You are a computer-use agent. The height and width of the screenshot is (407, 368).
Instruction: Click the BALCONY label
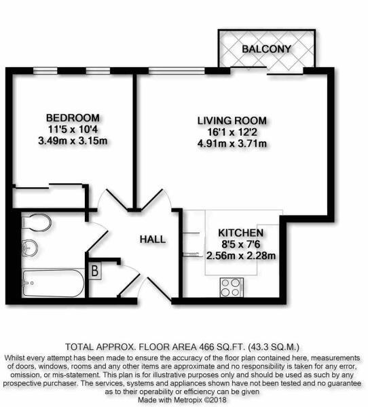click(x=266, y=49)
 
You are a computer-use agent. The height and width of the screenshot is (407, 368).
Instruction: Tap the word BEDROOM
click(x=73, y=118)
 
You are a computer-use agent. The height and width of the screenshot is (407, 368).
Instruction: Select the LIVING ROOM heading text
click(x=232, y=121)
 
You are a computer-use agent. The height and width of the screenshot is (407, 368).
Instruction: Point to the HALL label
click(x=153, y=239)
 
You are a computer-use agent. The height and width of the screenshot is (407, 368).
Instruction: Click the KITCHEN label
click(x=240, y=233)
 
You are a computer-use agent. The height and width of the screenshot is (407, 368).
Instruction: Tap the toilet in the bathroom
click(x=37, y=222)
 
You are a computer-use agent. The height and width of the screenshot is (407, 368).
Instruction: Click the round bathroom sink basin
click(x=30, y=248)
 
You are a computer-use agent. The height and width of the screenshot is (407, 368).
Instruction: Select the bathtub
click(x=53, y=283)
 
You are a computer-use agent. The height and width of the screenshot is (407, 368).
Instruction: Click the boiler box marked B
click(x=94, y=271)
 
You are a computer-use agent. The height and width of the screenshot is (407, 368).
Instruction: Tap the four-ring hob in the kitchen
click(x=232, y=288)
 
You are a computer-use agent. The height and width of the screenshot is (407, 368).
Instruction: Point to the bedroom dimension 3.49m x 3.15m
click(x=73, y=141)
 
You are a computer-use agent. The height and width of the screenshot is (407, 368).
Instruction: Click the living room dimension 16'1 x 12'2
click(x=232, y=132)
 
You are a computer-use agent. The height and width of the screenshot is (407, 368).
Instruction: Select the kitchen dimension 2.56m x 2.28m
click(x=241, y=256)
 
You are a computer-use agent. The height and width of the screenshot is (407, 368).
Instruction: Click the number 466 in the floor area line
click(x=207, y=347)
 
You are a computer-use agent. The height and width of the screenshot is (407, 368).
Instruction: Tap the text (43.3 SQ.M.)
click(x=274, y=347)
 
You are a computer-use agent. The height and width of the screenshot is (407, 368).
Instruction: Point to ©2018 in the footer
click(x=217, y=400)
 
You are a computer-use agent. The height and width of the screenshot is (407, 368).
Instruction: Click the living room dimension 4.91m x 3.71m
click(x=232, y=144)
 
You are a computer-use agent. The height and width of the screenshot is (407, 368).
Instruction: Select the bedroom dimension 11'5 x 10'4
click(x=73, y=130)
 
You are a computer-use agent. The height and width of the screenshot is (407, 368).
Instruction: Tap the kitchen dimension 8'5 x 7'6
click(x=241, y=244)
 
